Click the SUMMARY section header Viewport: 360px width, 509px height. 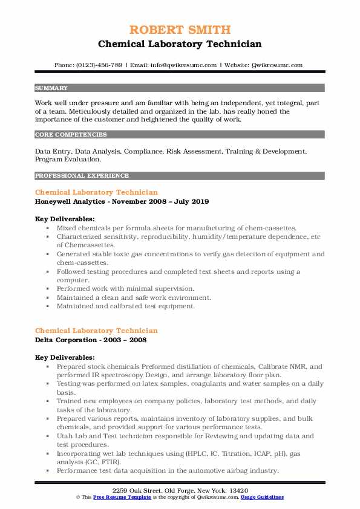51,88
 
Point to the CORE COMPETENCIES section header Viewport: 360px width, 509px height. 71,135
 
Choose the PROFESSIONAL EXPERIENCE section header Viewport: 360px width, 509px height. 82,176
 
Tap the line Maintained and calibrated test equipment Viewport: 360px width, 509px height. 126,306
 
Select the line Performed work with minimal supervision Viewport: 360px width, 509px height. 126,289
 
